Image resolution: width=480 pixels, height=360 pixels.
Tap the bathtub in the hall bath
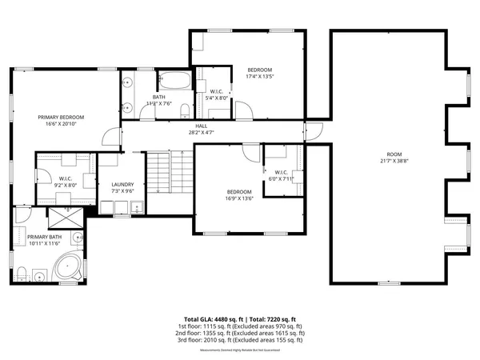pyautogui.click(x=173, y=81)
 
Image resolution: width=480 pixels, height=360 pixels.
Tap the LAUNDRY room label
pyautogui.click(x=122, y=185)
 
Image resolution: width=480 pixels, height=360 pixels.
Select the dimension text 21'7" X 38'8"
pyautogui.click(x=395, y=160)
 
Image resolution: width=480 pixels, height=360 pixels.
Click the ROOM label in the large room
pyautogui.click(x=395, y=154)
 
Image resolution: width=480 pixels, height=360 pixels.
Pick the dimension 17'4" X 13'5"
pyautogui.click(x=260, y=77)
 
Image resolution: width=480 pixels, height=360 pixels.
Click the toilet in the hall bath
pyautogui.click(x=185, y=110)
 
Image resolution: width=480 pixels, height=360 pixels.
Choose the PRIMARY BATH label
pyautogui.click(x=45, y=238)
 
